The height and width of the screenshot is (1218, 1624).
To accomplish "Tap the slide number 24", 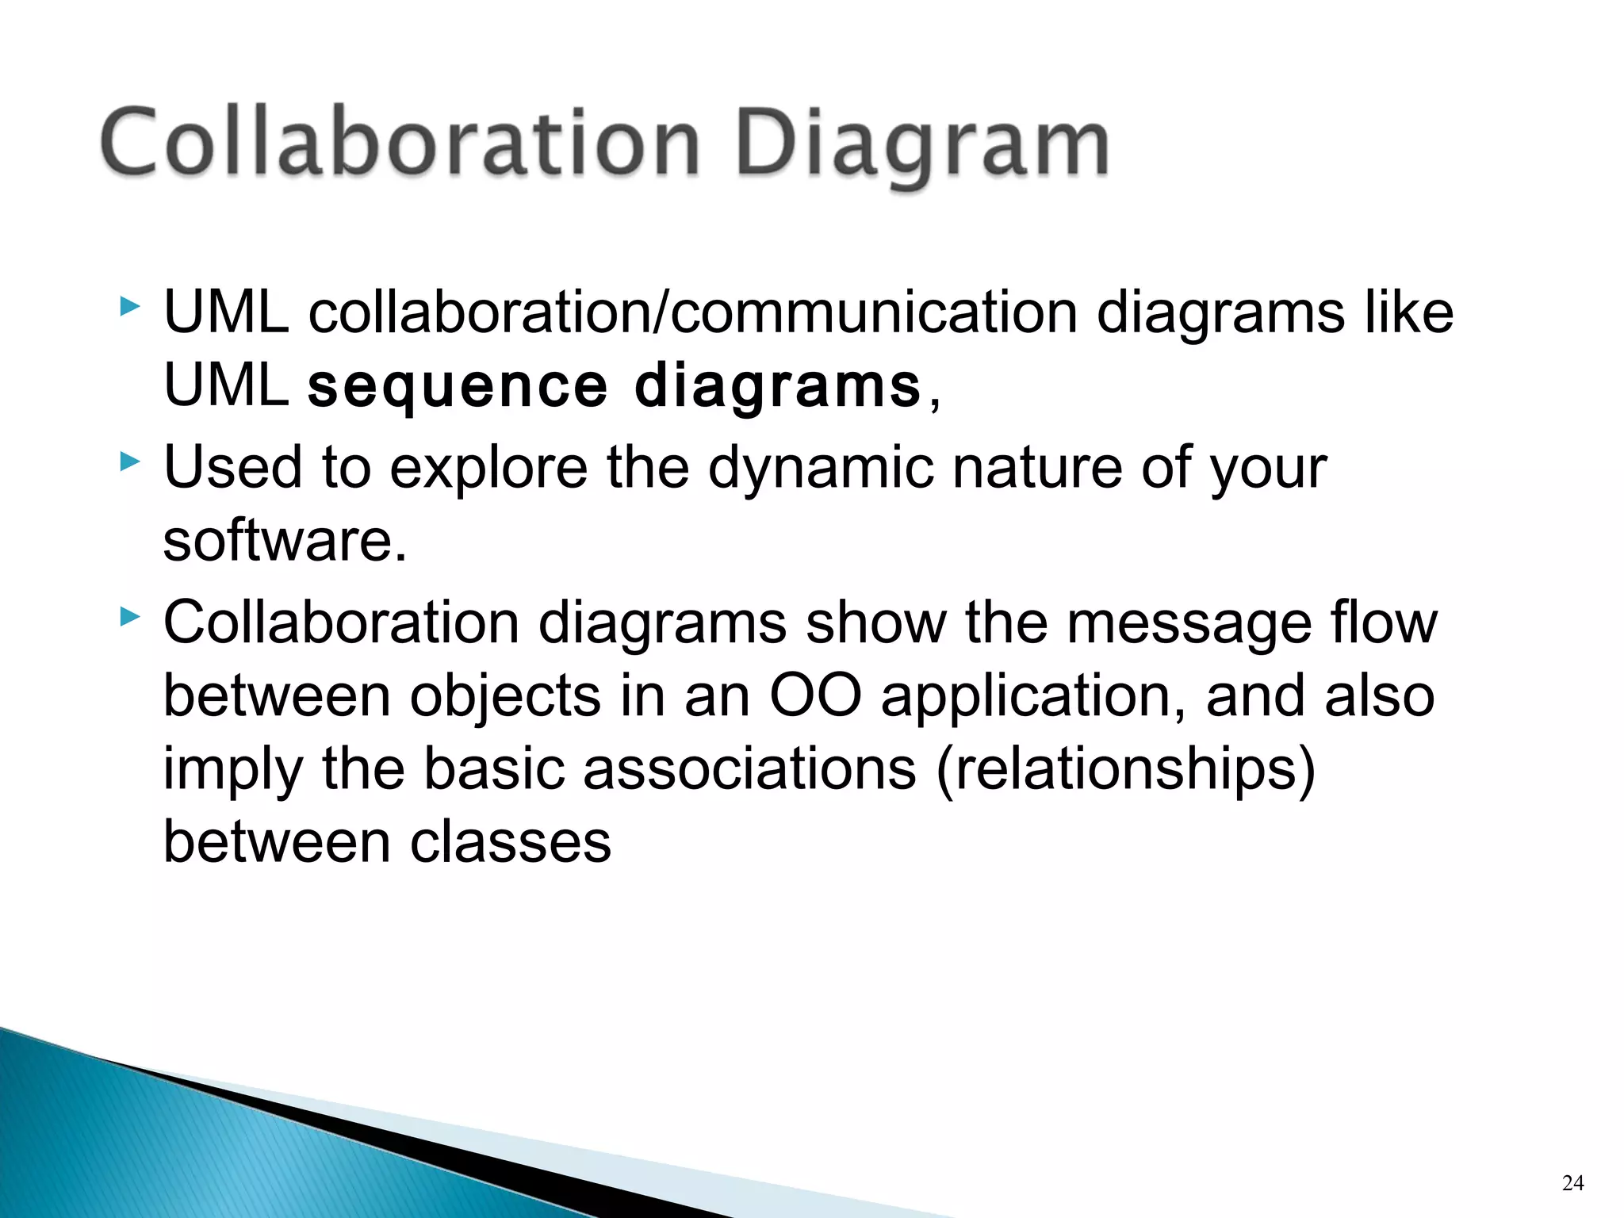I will (1572, 1183).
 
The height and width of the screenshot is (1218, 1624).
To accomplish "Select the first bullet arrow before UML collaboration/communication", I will (129, 306).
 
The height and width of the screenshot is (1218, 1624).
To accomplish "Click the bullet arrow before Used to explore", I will (129, 462).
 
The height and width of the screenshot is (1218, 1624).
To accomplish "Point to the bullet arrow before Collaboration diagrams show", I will (129, 616).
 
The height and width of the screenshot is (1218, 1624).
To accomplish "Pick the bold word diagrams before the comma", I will (777, 387).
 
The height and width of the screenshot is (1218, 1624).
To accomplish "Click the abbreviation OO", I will (815, 695).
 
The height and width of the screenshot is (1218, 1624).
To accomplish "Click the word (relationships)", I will (1125, 769).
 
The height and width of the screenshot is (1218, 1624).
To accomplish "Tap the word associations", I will (749, 769).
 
